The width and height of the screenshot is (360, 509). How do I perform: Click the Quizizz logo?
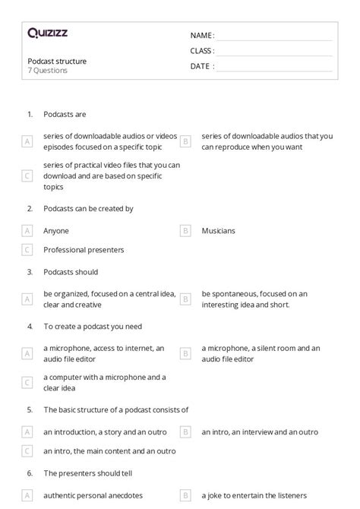[47, 33]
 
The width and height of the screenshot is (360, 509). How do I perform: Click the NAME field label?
[202, 36]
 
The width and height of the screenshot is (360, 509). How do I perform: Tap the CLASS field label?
[202, 51]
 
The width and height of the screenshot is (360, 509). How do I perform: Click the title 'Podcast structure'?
[57, 61]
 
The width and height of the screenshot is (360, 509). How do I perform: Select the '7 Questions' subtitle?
[48, 71]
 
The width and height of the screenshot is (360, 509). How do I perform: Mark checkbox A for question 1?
[27, 141]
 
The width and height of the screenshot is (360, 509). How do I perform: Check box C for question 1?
[27, 175]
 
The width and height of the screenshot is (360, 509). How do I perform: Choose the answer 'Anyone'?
[56, 230]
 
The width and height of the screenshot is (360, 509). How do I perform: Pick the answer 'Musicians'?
[218, 230]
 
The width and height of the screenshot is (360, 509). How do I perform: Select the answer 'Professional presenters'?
[84, 249]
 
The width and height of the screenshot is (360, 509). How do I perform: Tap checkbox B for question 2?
[185, 230]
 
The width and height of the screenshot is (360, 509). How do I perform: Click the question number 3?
[30, 272]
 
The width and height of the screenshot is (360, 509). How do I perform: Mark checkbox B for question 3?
[185, 299]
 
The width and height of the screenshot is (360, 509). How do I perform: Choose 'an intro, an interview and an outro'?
[260, 432]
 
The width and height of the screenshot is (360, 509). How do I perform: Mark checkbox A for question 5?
[27, 432]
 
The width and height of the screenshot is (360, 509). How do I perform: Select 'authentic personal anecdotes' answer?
[93, 495]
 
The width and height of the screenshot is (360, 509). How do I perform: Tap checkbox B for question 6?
[185, 495]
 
